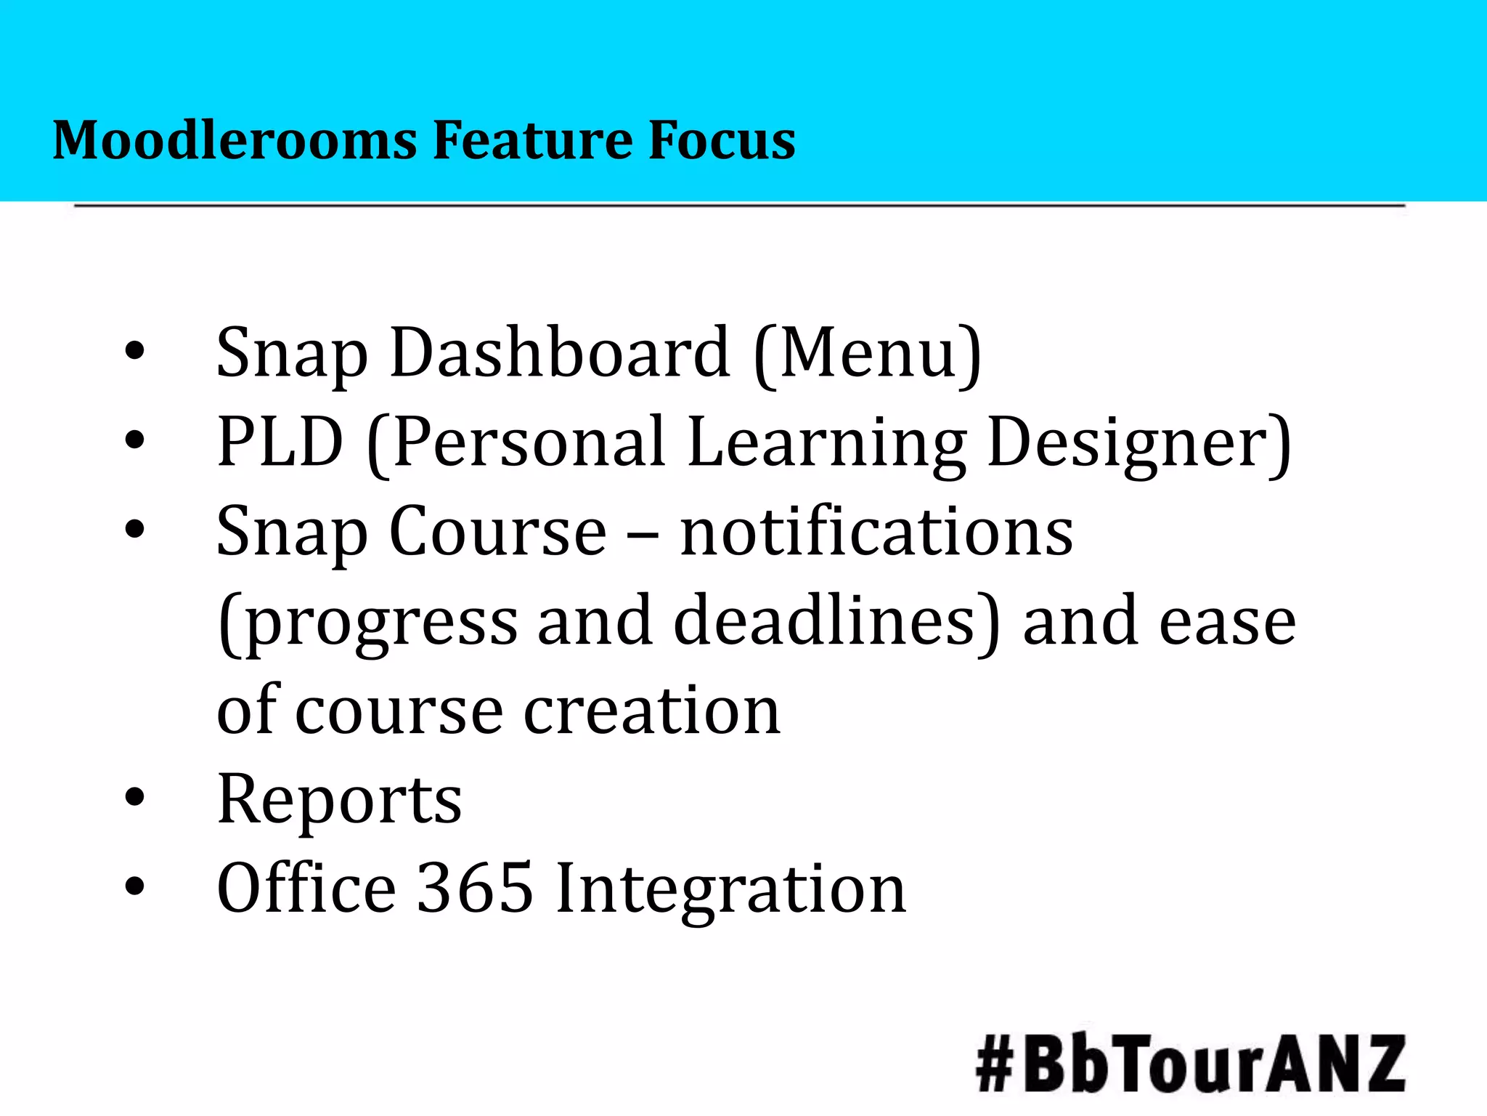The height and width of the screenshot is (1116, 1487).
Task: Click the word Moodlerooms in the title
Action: tap(235, 139)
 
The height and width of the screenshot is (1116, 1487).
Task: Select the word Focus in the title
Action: tap(722, 139)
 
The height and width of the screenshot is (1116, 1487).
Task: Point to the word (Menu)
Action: tap(868, 354)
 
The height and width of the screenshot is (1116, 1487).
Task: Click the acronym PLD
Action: tap(280, 442)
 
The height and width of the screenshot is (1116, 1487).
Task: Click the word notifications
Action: tap(876, 531)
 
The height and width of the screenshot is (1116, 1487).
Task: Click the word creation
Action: tap(652, 710)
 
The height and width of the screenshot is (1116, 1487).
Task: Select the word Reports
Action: tap(339, 799)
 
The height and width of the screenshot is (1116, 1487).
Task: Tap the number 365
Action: tap(475, 887)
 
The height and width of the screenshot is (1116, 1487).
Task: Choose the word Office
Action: tap(306, 887)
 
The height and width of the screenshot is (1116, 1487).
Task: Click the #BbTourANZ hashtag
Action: tap(1190, 1064)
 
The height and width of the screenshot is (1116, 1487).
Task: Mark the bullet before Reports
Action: tap(135, 798)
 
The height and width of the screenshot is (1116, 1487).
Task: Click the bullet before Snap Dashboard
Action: tap(135, 352)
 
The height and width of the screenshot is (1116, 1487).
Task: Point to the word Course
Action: tap(497, 531)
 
